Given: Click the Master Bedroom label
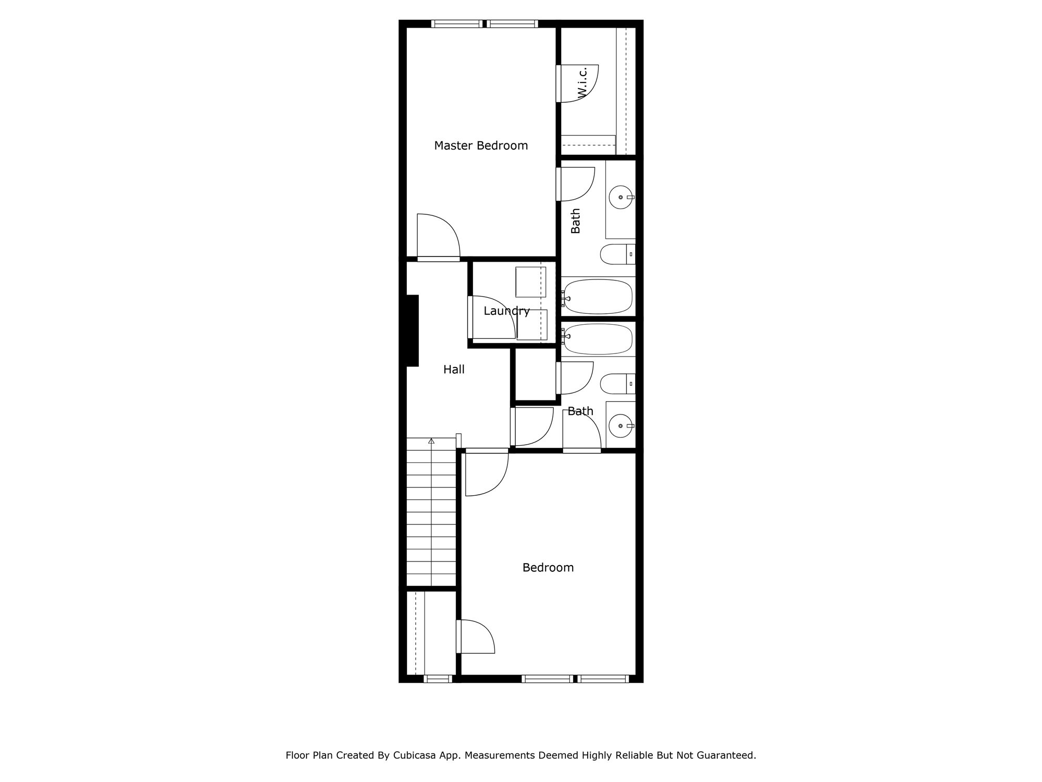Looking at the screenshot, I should pyautogui.click(x=481, y=145).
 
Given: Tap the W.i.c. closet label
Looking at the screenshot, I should pyautogui.click(x=582, y=82).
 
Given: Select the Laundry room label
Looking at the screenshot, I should pyautogui.click(x=506, y=311).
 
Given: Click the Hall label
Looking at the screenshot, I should pyautogui.click(x=454, y=370).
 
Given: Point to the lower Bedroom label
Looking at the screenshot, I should pyautogui.click(x=548, y=567).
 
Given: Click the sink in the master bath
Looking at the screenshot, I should pyautogui.click(x=621, y=198).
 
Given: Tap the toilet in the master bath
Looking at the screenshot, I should pyautogui.click(x=617, y=254).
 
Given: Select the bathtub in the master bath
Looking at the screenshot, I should pyautogui.click(x=598, y=297).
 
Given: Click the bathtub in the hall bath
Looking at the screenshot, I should pyautogui.click(x=598, y=339).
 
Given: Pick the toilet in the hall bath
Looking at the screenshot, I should pyautogui.click(x=617, y=384).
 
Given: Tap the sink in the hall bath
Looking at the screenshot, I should pyautogui.click(x=621, y=426).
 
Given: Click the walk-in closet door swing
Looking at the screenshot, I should pyautogui.click(x=578, y=84).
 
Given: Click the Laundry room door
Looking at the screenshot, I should pyautogui.click(x=492, y=318).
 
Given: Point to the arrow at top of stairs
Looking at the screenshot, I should pyautogui.click(x=431, y=441).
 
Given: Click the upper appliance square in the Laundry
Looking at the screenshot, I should pyautogui.click(x=530, y=282).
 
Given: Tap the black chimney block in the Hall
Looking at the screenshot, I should pyautogui.click(x=412, y=331).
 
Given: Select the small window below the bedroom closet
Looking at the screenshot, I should pyautogui.click(x=438, y=679).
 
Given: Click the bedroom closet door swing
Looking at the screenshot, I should pyautogui.click(x=475, y=637).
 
